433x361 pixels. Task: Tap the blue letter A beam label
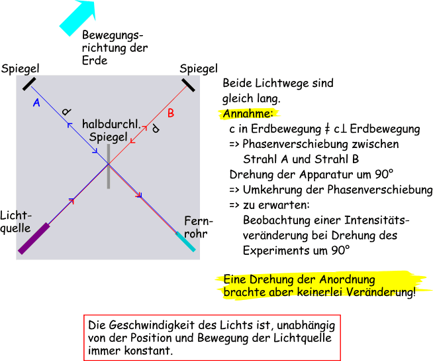36,103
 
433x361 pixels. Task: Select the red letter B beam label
170,113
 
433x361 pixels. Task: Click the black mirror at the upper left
30,84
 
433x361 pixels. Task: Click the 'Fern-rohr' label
198,227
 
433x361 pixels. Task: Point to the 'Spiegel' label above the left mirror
21,68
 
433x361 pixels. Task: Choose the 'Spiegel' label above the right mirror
198,68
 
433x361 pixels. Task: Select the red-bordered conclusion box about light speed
212,337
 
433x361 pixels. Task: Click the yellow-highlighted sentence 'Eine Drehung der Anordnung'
299,279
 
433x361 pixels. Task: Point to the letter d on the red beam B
155,129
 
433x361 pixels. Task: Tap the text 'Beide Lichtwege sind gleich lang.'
277,91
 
